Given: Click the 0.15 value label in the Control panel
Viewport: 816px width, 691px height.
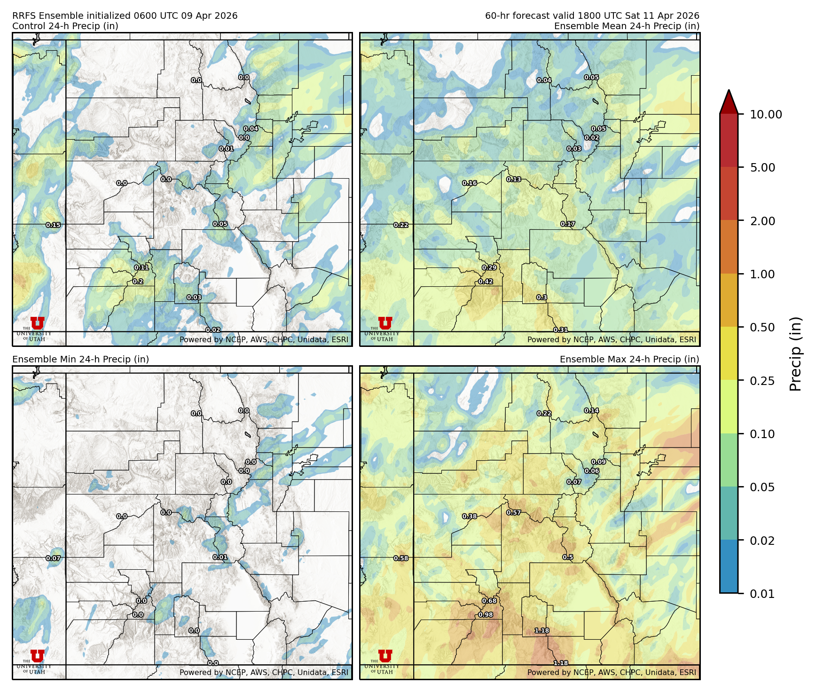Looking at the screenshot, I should (53, 225).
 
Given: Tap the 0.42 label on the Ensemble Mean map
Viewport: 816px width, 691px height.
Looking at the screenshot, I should (486, 282).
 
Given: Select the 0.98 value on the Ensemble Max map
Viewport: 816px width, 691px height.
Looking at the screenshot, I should (486, 615).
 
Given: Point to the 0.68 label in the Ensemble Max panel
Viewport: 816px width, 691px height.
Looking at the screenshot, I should (489, 601).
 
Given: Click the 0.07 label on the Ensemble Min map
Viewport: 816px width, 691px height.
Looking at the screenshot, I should (53, 558).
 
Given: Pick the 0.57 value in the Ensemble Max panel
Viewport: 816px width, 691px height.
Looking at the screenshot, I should (514, 512).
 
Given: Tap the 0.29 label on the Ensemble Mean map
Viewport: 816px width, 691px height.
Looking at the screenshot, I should (489, 267).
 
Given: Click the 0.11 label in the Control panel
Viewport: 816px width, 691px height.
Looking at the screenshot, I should (141, 267).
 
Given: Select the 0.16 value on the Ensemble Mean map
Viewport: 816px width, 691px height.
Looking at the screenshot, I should (470, 183).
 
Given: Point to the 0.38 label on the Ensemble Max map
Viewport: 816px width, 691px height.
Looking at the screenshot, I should (470, 516).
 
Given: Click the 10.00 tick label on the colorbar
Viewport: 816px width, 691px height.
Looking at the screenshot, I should (766, 114).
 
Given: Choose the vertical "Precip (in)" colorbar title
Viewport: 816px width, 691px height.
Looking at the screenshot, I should (795, 354).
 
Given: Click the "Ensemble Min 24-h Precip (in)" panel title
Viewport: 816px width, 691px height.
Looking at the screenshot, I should (80, 359).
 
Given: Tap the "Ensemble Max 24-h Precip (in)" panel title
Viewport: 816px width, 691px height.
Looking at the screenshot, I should (629, 359).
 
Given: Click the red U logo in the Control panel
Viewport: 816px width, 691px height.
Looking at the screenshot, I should (37, 323).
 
